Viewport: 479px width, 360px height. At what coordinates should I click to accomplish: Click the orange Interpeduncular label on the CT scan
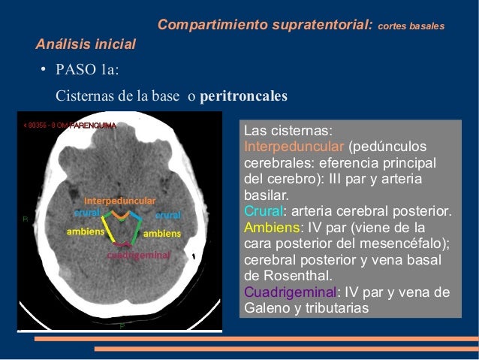pos(119,201)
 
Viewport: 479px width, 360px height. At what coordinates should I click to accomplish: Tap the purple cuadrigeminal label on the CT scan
pos(138,255)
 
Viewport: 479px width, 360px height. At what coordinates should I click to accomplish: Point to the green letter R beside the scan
pos(25,219)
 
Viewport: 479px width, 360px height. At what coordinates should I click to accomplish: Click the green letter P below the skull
pos(122,326)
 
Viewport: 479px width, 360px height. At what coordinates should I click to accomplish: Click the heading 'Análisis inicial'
pos(86,45)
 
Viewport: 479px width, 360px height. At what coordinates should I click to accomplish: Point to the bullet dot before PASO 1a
pos(45,73)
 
